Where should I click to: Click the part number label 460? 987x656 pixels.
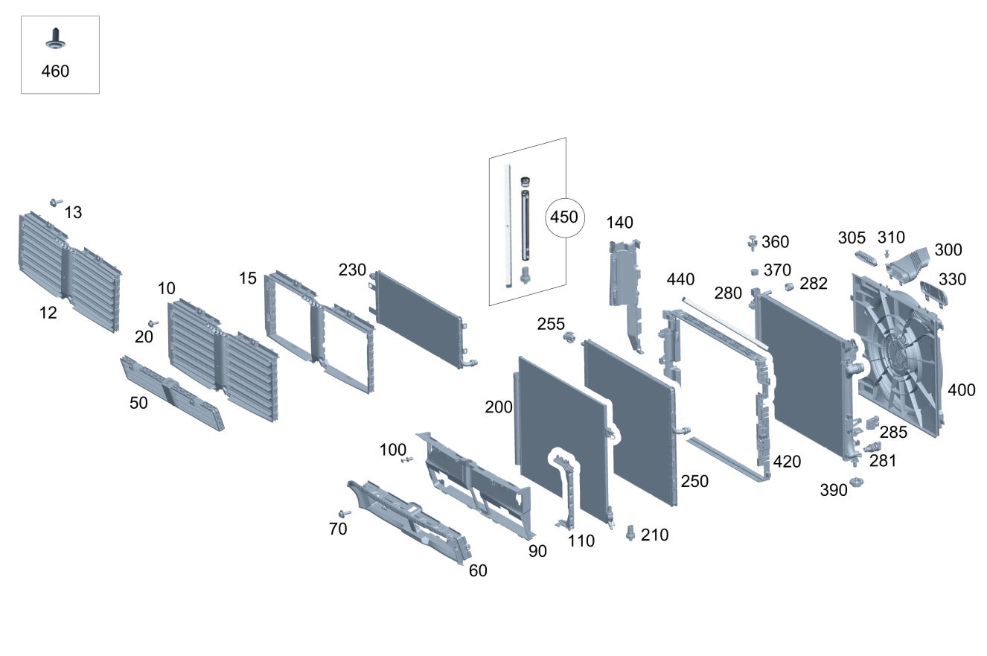(56, 71)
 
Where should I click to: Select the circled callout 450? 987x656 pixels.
(563, 217)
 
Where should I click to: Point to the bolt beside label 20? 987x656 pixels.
(153, 324)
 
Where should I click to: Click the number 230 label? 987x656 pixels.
(352, 270)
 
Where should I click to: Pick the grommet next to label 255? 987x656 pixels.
(571, 338)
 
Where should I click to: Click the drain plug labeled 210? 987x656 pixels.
(631, 534)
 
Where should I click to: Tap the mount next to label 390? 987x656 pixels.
(856, 483)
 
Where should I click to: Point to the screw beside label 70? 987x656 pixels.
(345, 514)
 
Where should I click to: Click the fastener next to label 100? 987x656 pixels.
(407, 460)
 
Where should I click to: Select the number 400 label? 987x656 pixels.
(961, 390)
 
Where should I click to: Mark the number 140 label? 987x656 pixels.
(619, 222)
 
